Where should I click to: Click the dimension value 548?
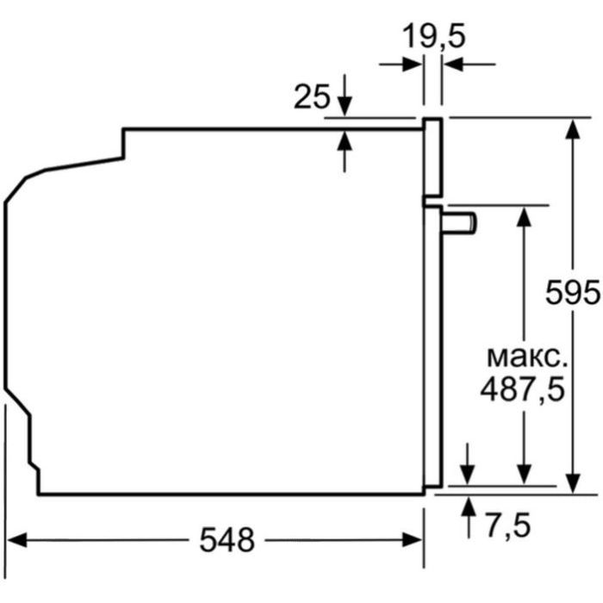pyautogui.click(x=227, y=540)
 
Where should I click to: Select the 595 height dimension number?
pyautogui.click(x=573, y=293)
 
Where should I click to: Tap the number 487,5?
pyautogui.click(x=522, y=389)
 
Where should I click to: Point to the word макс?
pyautogui.click(x=523, y=356)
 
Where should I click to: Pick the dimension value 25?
pyautogui.click(x=312, y=96)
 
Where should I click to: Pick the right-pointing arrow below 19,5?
pyautogui.click(x=412, y=64)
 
